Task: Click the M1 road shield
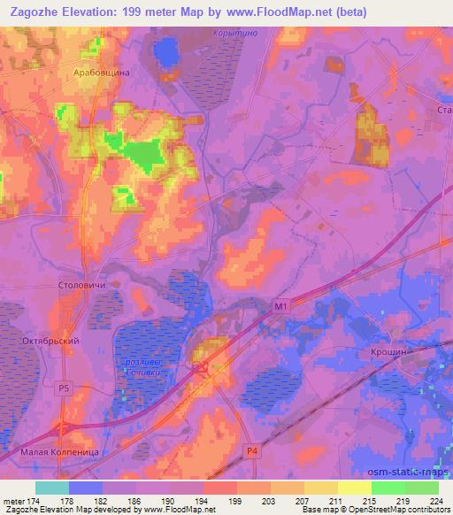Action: [280, 306]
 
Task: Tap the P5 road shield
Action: [63, 388]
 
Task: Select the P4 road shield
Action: [252, 451]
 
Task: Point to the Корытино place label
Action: [234, 34]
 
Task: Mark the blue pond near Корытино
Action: [165, 53]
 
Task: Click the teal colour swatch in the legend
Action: [51, 488]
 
